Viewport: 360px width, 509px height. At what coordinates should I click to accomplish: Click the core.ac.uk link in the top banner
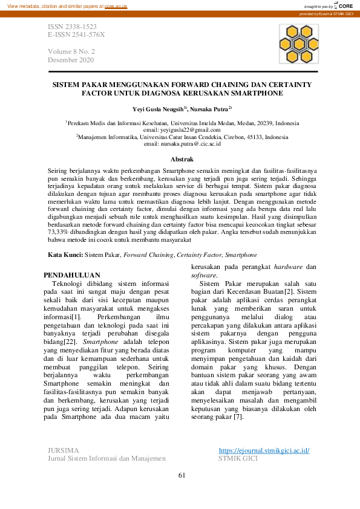coord(116,5)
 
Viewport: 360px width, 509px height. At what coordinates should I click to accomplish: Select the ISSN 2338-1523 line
coord(71,28)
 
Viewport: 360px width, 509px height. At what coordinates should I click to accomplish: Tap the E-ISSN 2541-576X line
coord(76,35)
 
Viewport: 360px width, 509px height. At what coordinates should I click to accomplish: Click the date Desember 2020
coord(71,60)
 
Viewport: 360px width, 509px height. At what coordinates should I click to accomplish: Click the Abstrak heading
coord(182,160)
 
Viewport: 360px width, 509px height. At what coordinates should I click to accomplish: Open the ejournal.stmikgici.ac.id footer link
coord(264,450)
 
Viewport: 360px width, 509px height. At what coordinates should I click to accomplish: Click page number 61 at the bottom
coord(181,475)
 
